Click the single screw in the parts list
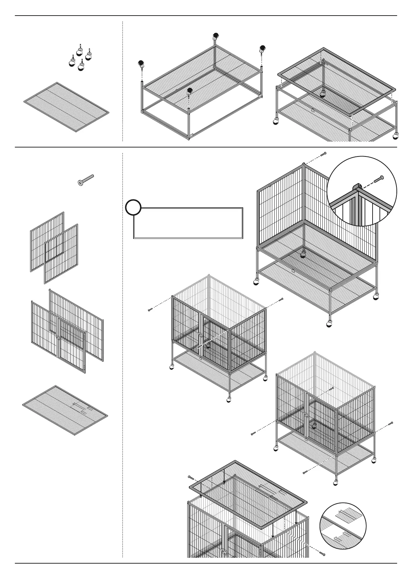point(86,180)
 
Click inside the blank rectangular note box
point(189,223)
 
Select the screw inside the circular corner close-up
point(379,179)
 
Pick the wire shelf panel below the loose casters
point(66,107)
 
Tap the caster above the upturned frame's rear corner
point(216,36)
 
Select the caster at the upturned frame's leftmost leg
point(141,64)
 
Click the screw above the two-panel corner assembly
point(323,154)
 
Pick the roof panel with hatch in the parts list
point(65,410)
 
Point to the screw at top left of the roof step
point(190,477)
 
